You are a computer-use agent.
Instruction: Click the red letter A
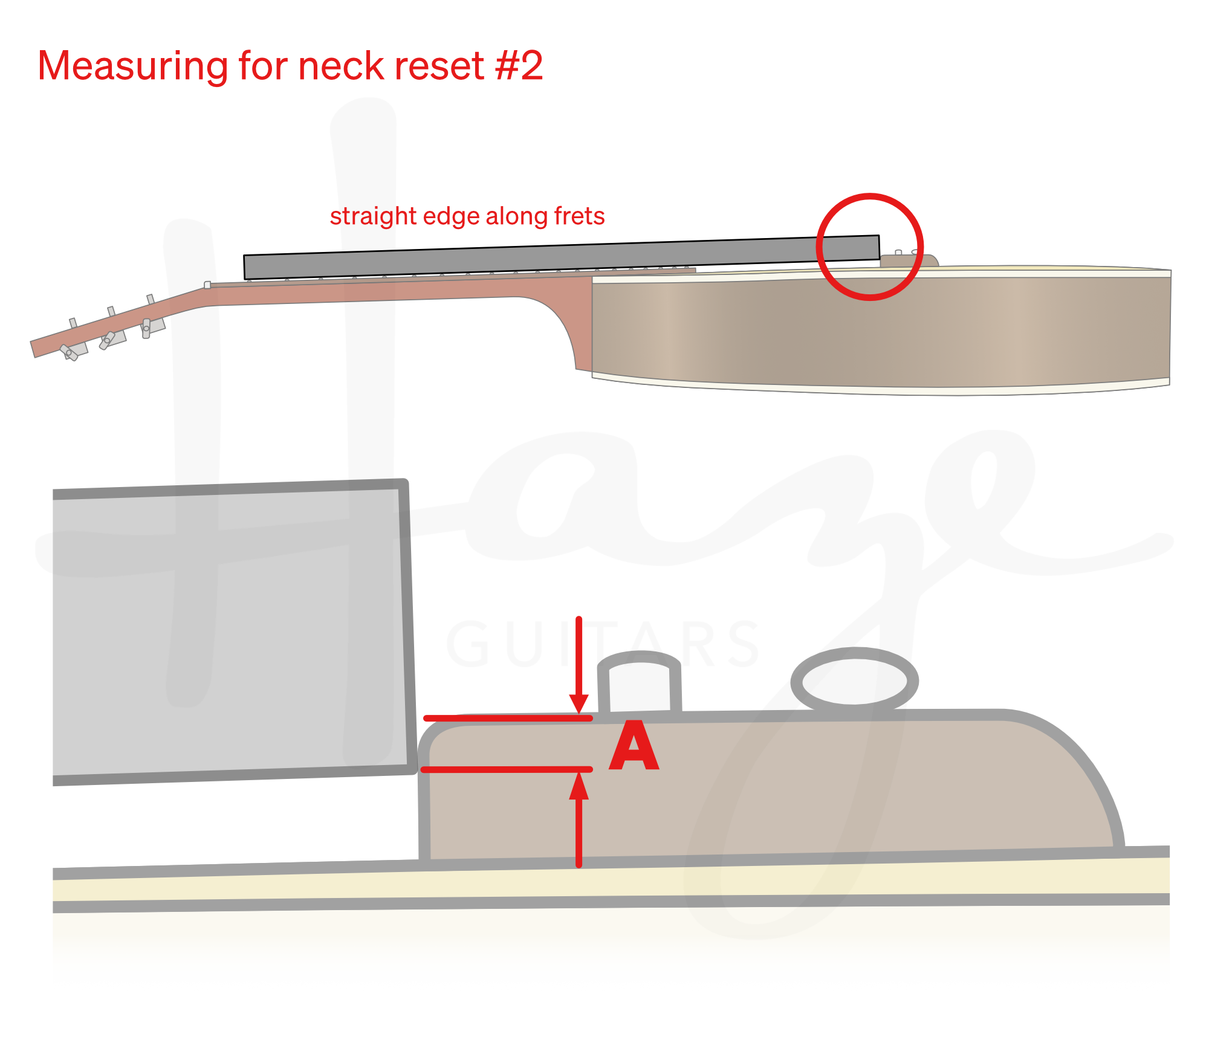coord(634,747)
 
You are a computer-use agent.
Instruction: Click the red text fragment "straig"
coord(363,216)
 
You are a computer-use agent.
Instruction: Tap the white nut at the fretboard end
coord(207,285)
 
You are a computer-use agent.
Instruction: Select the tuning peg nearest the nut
coord(147,327)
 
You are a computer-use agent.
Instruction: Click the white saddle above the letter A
coord(640,688)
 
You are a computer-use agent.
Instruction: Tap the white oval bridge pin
coord(854,682)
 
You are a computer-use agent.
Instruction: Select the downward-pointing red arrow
coord(580,665)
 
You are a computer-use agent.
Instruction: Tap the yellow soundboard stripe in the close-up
coord(604,884)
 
